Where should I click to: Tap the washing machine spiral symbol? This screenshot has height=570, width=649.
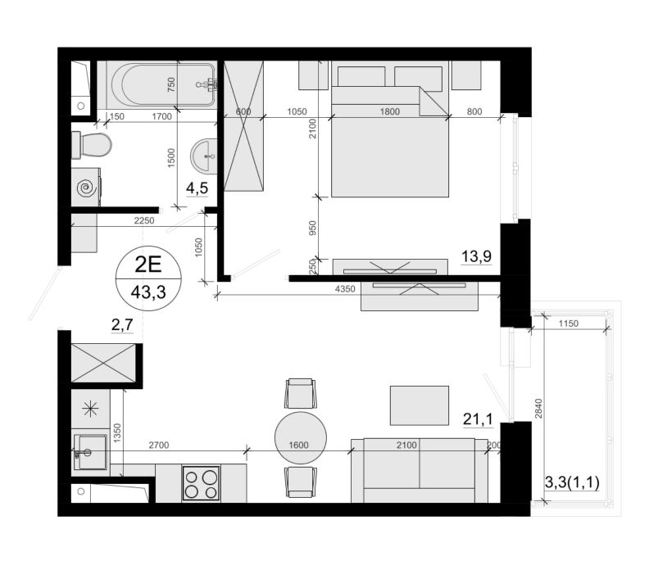[x=87, y=188]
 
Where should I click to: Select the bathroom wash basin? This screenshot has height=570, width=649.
[x=204, y=156]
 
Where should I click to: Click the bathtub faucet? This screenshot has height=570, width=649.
[x=206, y=84]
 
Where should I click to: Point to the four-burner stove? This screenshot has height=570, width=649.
[x=201, y=483]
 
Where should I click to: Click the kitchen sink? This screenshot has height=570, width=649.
[x=90, y=452]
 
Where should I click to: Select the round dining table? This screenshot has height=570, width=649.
[x=301, y=437]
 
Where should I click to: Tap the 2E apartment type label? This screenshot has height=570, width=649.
[x=147, y=265]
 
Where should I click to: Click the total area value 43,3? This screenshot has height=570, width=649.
[x=148, y=292]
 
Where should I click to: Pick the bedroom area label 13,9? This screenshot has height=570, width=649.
[x=476, y=256]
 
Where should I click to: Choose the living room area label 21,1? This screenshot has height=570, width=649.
[x=478, y=419]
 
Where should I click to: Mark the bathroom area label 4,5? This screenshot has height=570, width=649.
[x=197, y=188]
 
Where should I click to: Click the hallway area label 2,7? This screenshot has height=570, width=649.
[x=123, y=324]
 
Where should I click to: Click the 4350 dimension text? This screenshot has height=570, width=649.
[x=345, y=289]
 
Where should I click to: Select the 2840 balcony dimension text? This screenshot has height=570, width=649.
[x=538, y=409]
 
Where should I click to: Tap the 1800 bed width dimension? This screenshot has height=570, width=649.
[x=390, y=111]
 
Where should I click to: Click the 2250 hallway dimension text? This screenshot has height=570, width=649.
[x=144, y=221]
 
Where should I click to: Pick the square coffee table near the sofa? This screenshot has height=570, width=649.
[x=420, y=405]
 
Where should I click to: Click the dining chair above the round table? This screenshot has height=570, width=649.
[x=301, y=393]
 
